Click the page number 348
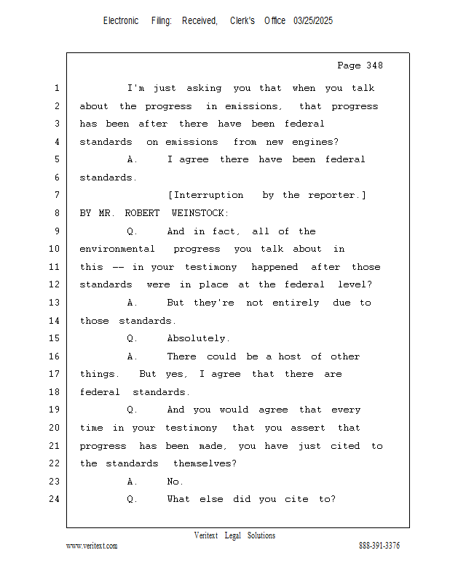coord(374,65)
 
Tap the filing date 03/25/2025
coord(313,21)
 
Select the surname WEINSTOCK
coord(200,213)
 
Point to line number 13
coord(55,303)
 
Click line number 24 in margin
coord(55,499)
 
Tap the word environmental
coord(117,249)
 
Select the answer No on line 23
coord(175,482)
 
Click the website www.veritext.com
coord(92,546)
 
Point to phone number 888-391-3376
coord(379,546)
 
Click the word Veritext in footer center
coord(206,535)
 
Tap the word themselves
coord(205,463)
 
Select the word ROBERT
coord(142,213)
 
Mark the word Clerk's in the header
coord(242,21)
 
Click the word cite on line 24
coord(296,499)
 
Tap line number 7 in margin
coord(57,195)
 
